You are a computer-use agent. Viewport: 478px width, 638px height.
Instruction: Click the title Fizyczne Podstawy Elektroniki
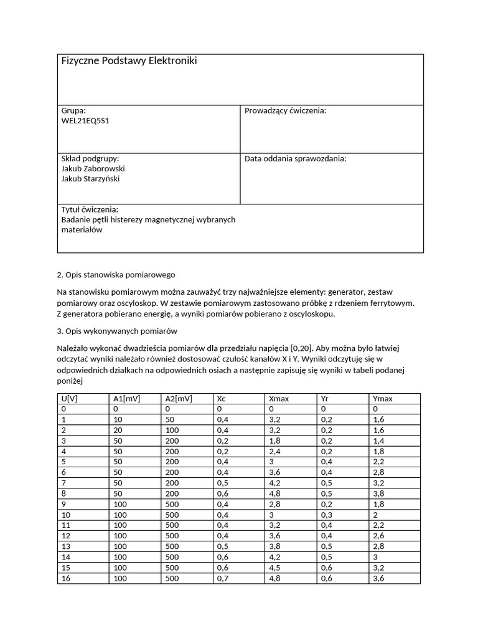(129, 61)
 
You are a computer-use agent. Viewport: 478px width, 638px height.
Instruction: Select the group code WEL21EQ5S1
(85, 120)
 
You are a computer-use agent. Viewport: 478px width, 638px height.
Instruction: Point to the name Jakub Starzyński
(91, 179)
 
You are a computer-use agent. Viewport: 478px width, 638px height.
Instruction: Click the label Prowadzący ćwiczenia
(285, 110)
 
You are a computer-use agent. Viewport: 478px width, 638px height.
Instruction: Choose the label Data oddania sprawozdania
(295, 158)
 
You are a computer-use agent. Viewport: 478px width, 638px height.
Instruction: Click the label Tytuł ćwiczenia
(90, 209)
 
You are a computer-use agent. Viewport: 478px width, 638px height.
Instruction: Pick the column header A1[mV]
(128, 399)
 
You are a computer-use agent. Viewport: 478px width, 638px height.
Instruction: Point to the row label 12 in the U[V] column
(66, 536)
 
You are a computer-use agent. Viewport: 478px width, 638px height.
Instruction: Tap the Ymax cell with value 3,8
(378, 493)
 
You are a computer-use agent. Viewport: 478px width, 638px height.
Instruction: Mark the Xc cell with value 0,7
(222, 579)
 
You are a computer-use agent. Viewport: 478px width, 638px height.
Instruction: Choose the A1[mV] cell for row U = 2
(119, 431)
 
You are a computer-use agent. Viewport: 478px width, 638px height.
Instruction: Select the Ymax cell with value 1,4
(378, 440)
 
